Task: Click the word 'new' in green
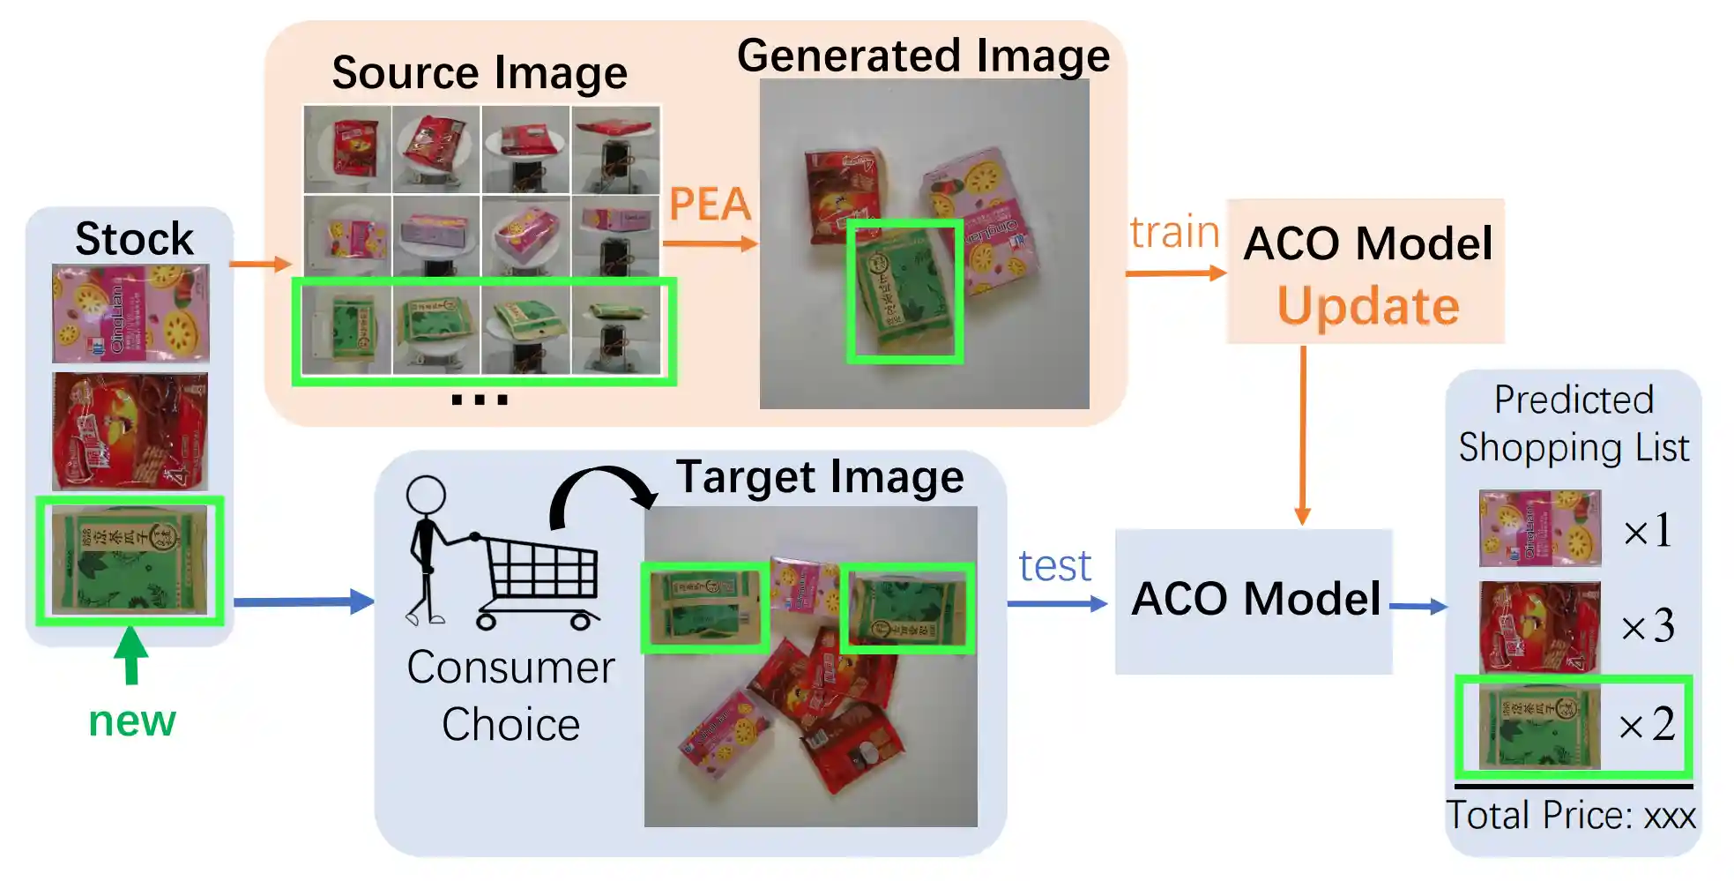(x=132, y=721)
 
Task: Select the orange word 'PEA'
(x=710, y=205)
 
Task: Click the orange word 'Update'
(x=1368, y=306)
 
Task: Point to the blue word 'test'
(x=1055, y=566)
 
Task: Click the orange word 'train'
(x=1174, y=233)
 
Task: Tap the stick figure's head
(x=427, y=496)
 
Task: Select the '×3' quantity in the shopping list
(x=1648, y=626)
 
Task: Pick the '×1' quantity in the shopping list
(x=1648, y=531)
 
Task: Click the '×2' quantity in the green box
(x=1648, y=725)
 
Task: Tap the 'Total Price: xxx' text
(x=1571, y=816)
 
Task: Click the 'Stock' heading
(x=134, y=239)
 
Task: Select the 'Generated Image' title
(x=923, y=56)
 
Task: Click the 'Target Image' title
(x=820, y=478)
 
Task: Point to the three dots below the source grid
(x=480, y=399)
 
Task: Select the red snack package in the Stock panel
(x=130, y=431)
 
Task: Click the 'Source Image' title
(x=480, y=73)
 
